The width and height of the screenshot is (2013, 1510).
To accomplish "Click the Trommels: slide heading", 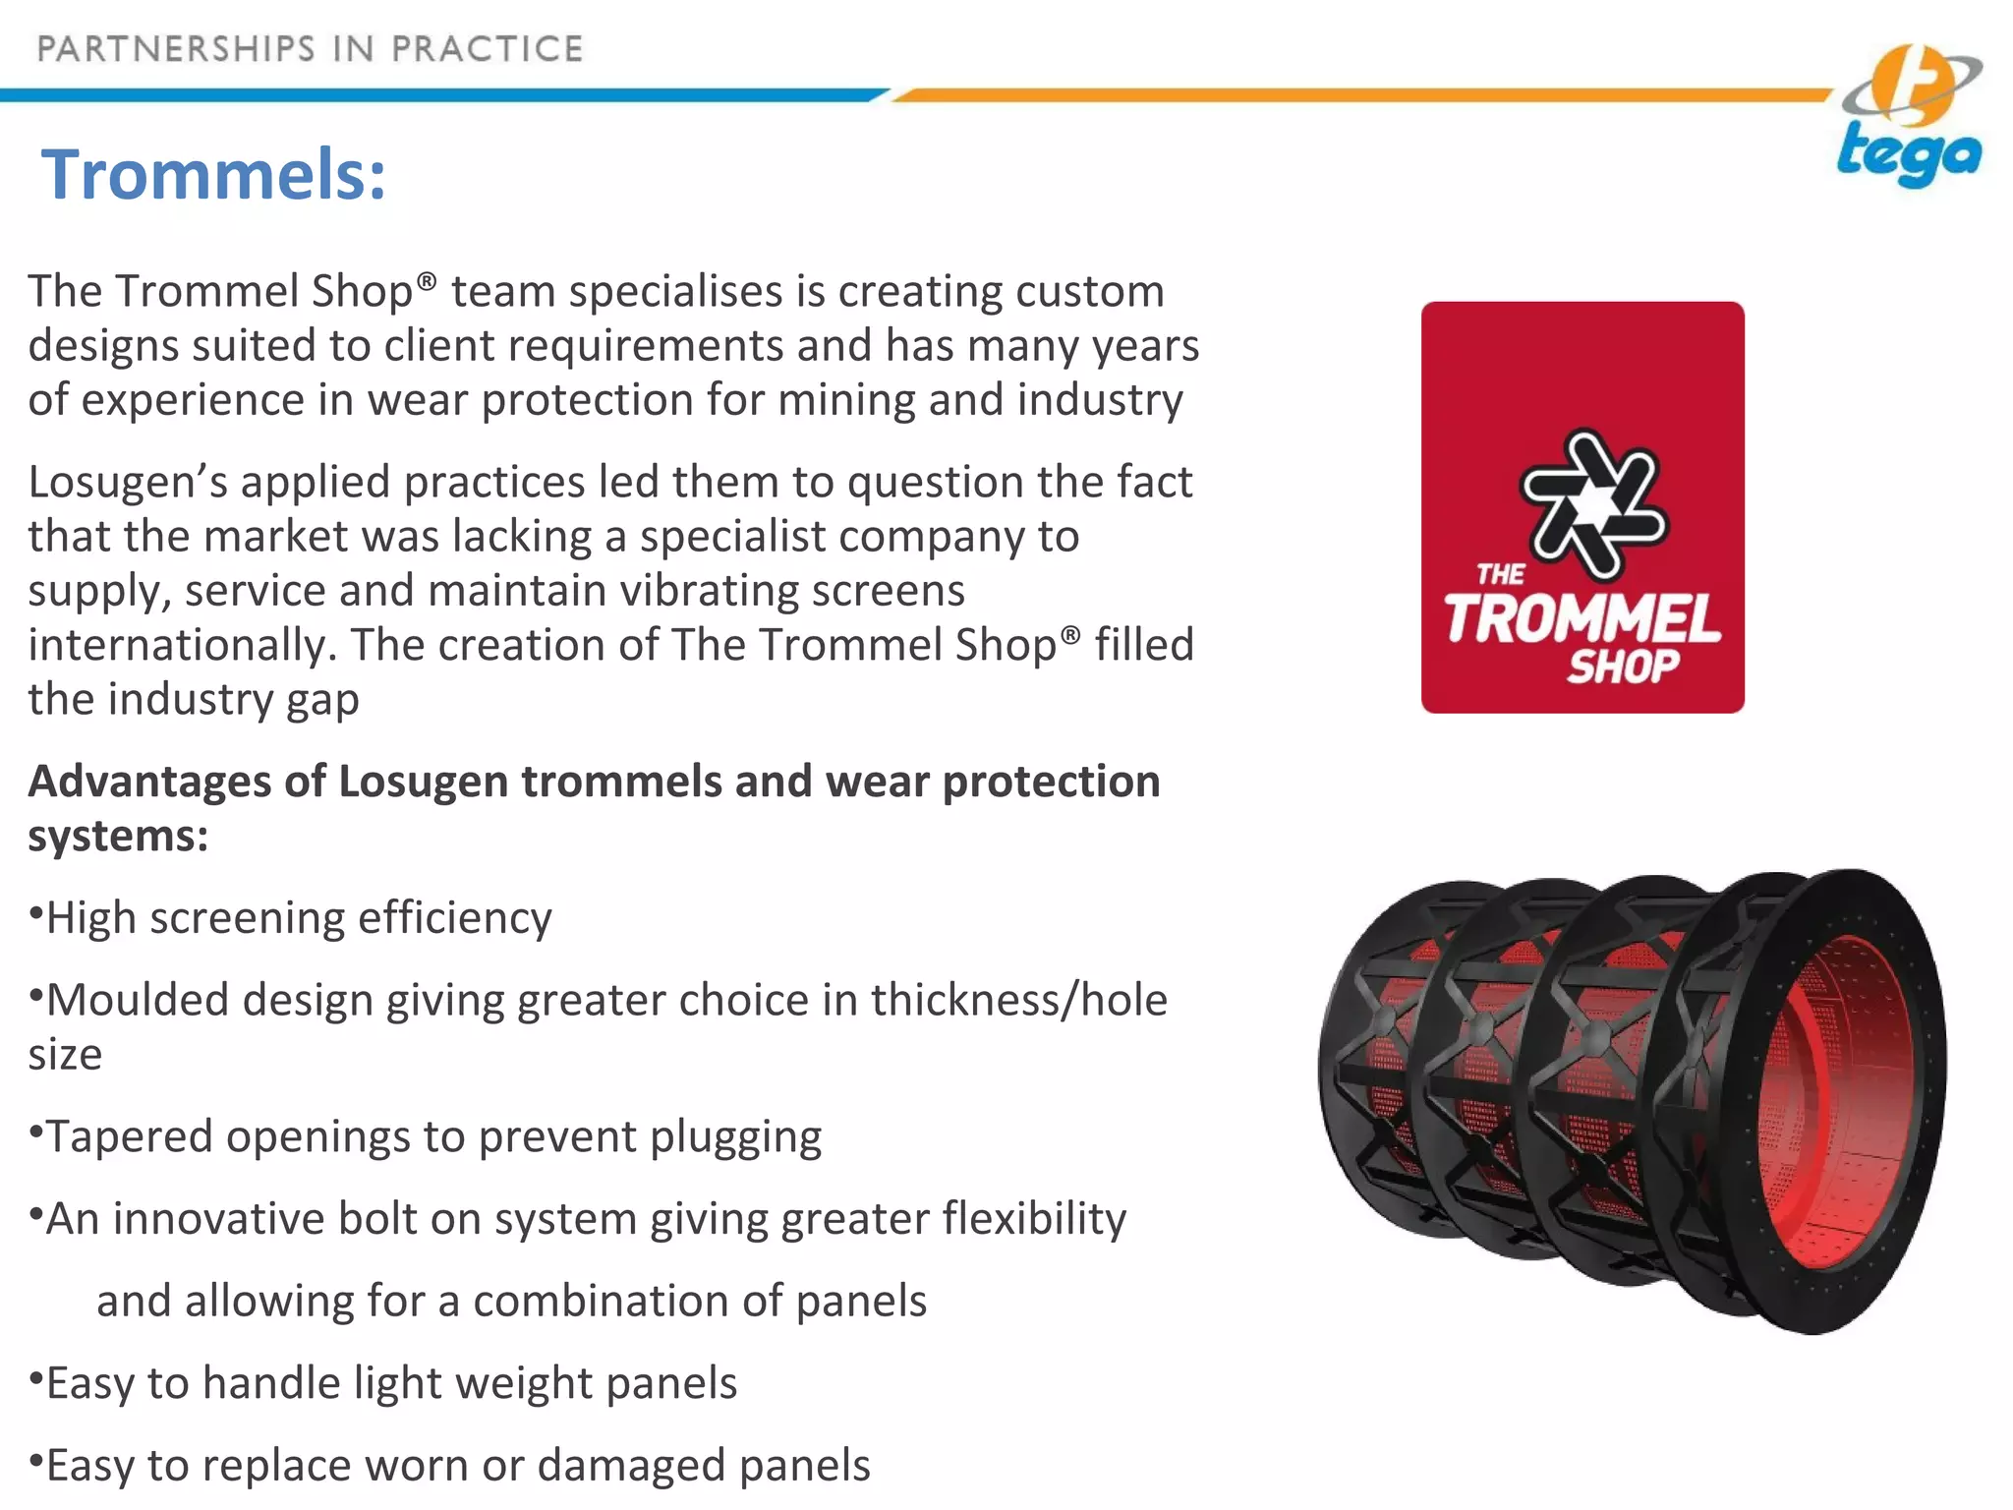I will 213,174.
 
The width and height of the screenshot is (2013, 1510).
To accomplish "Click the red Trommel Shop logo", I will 1582,507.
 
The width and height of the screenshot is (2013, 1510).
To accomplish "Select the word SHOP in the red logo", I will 1623,667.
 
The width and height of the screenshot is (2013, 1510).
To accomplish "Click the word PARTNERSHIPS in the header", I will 176,49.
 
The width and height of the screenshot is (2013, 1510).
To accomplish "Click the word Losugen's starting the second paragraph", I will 127,483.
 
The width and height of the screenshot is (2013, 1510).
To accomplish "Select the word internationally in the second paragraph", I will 182,646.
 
